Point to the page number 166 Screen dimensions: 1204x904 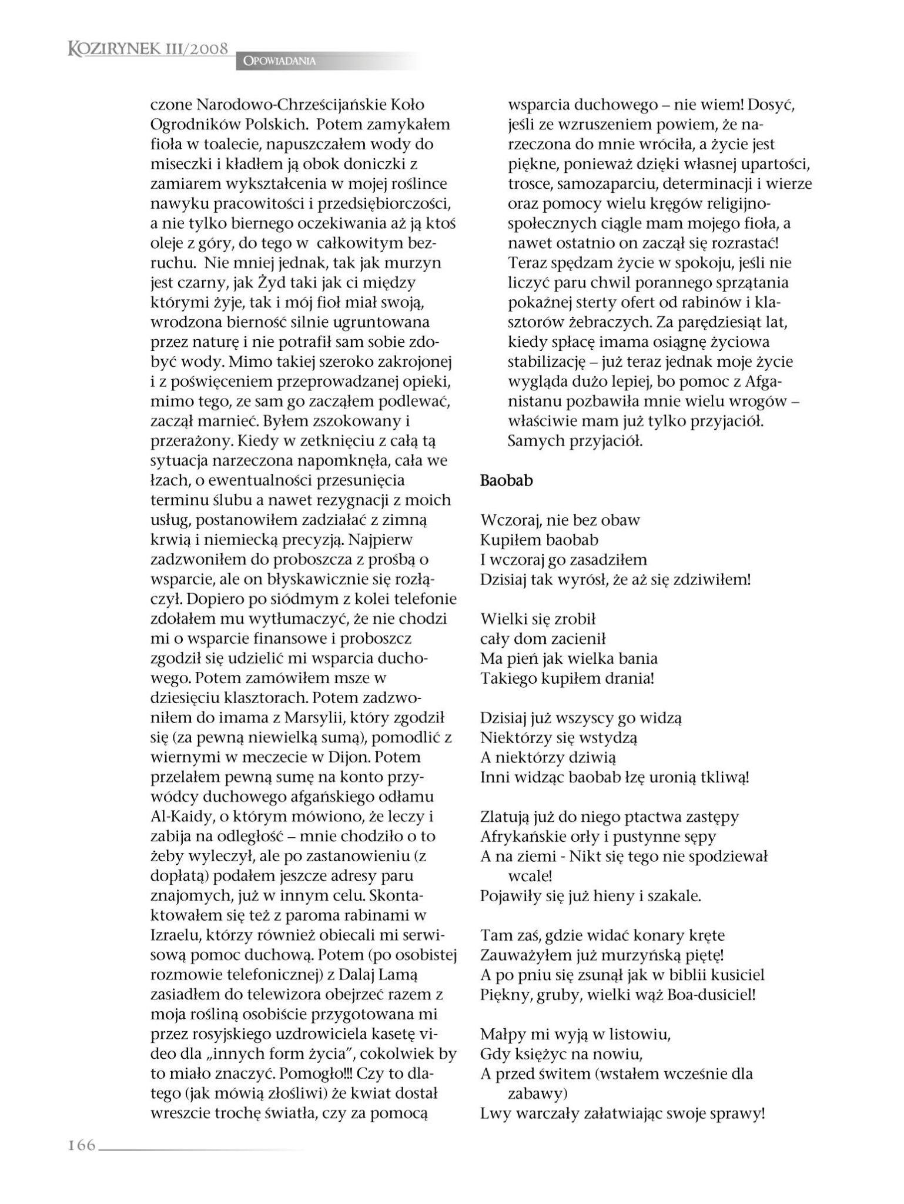tap(82, 1145)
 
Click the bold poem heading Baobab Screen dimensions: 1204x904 tap(506, 480)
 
